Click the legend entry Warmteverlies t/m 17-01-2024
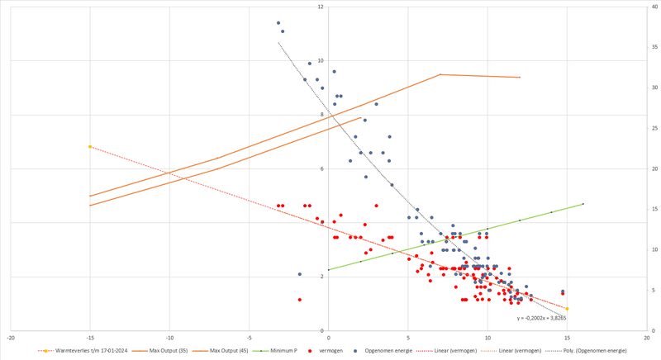83,351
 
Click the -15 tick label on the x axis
90,338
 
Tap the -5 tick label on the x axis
249,338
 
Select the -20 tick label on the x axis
11,338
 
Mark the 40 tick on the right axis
654,7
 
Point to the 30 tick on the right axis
654,88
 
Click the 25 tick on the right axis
654,129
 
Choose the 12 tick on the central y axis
320,7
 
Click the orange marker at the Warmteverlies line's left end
90,146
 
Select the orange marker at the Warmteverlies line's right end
567,309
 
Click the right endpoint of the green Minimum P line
583,204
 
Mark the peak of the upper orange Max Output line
440,74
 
